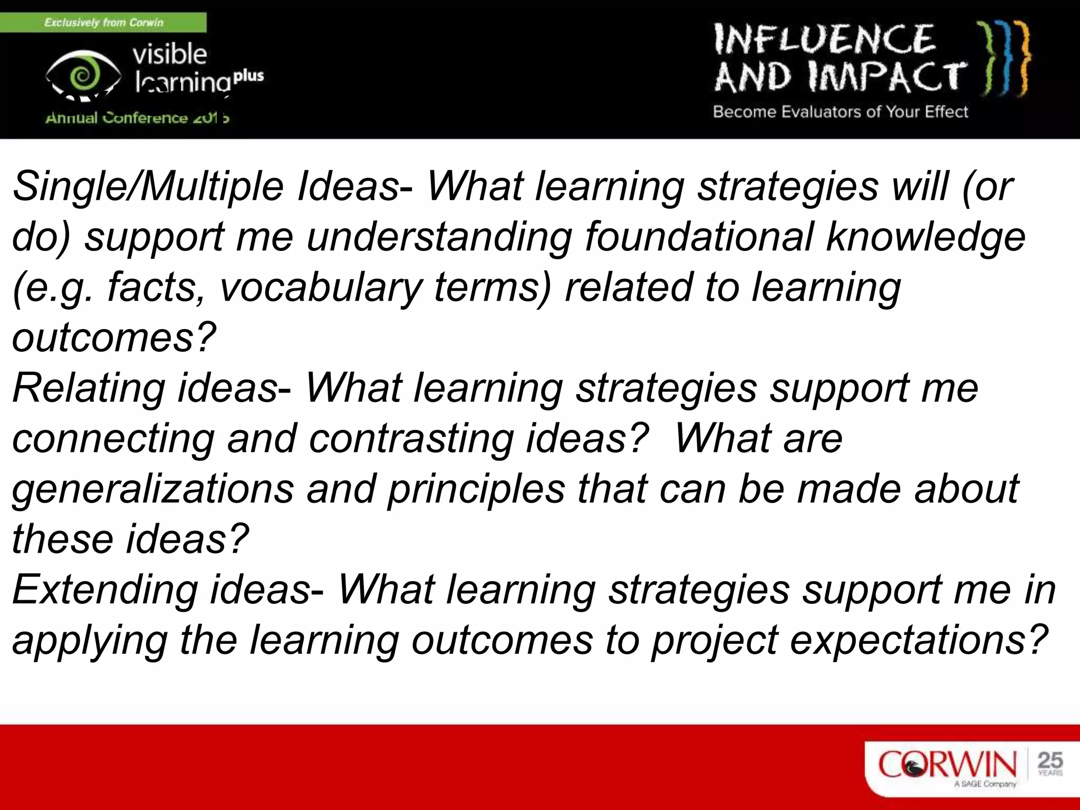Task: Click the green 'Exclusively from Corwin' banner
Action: (103, 23)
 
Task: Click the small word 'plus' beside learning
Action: (248, 75)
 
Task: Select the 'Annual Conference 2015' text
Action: (137, 118)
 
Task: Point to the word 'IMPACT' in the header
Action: (886, 77)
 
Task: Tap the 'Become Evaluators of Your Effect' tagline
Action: (840, 112)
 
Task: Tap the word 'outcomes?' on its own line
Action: (114, 337)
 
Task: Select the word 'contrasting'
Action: (411, 439)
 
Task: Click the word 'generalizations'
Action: (153, 489)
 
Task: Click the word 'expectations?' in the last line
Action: (918, 640)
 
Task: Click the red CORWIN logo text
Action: (947, 764)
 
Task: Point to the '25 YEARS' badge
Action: (1050, 763)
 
